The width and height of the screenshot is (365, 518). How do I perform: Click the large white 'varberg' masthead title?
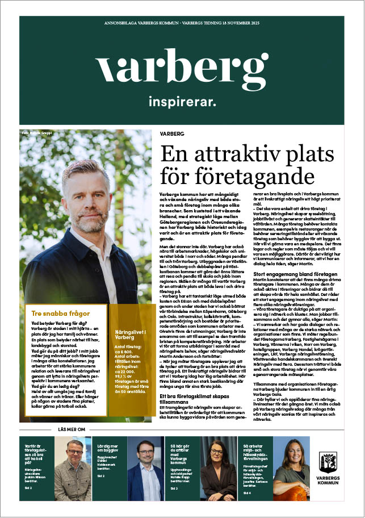coord(182,69)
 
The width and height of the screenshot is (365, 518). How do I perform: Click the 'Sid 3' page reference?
coord(174,488)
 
